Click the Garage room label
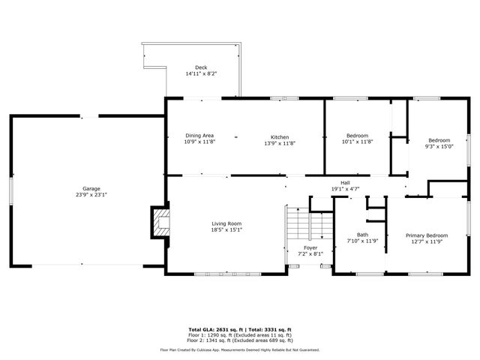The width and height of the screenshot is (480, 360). (91, 188)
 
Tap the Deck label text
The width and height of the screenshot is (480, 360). (201, 67)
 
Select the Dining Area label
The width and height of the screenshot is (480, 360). (200, 136)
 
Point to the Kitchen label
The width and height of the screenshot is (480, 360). (280, 137)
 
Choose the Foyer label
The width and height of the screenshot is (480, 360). (310, 247)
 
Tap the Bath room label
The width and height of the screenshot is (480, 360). (362, 235)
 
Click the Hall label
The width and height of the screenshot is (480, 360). (345, 183)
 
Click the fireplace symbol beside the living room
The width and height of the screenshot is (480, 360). (159, 222)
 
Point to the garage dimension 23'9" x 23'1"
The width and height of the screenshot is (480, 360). (91, 195)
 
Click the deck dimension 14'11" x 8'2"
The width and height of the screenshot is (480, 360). (201, 74)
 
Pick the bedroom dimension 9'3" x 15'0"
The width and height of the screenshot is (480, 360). (439, 147)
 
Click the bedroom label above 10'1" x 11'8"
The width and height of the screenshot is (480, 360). (357, 136)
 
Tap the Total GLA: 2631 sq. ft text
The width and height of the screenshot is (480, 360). (211, 329)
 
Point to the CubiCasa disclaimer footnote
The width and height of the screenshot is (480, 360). (239, 349)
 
